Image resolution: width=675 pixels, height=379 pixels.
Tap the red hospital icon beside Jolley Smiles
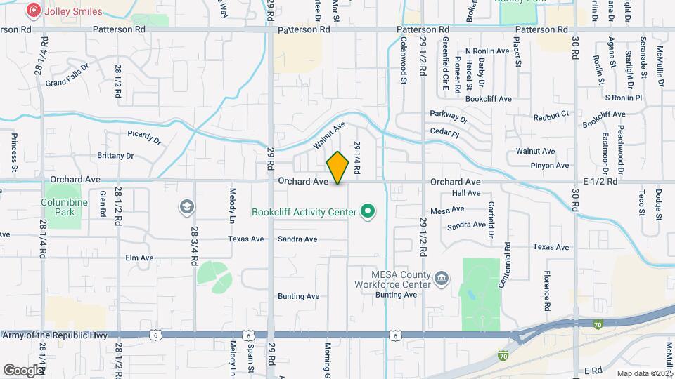click(32, 11)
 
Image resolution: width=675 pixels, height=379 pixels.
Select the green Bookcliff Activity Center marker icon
click(366, 211)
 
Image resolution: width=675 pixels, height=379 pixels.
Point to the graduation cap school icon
click(186, 206)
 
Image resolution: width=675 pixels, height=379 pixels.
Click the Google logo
click(23, 370)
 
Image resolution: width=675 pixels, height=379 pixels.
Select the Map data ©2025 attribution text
click(645, 373)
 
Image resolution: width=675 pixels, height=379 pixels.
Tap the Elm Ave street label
click(139, 258)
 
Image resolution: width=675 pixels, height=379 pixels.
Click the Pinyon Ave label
click(552, 166)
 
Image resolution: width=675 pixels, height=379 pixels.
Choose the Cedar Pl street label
click(444, 133)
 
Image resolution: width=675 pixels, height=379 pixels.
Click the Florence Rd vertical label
click(546, 291)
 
